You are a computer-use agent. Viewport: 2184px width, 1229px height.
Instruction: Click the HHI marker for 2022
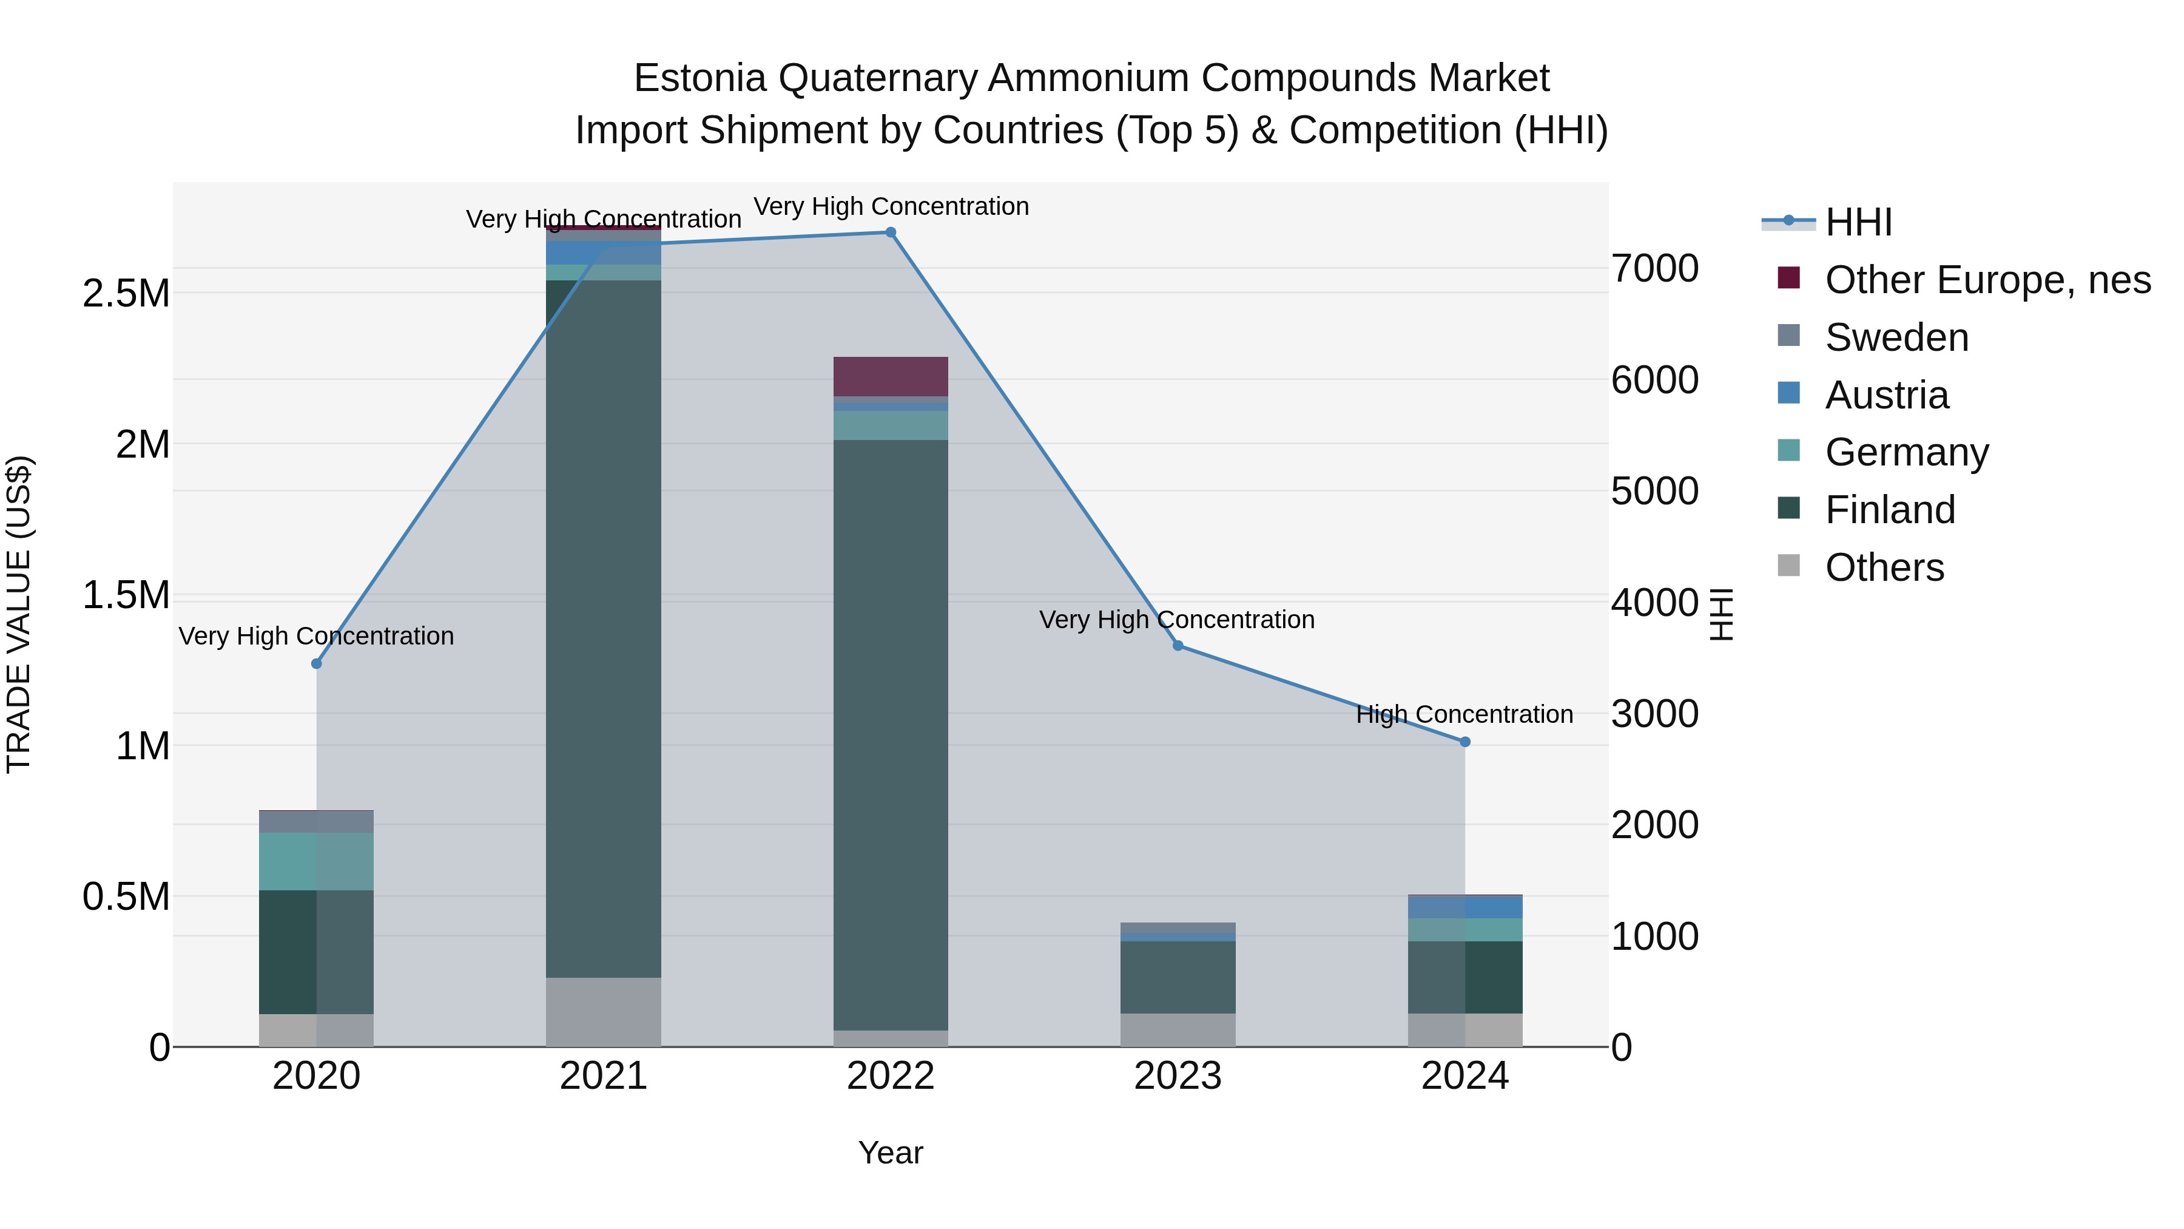[890, 232]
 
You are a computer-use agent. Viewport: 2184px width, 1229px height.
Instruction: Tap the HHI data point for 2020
[316, 663]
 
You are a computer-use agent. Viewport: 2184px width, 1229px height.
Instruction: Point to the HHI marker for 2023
[1178, 646]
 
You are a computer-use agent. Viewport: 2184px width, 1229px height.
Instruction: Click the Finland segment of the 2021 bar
[603, 628]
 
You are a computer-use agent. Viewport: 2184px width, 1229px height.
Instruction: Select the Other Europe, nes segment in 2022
[890, 376]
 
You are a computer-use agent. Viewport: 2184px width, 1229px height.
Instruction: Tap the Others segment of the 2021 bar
[603, 1012]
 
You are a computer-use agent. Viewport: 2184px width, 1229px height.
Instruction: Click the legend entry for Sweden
[1896, 337]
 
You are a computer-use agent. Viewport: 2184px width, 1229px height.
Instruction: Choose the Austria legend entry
[1886, 395]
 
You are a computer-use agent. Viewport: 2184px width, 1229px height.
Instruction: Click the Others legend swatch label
[1884, 567]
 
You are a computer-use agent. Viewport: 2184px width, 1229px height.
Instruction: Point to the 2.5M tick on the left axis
[126, 294]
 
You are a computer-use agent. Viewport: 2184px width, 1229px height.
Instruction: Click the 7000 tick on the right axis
[1654, 268]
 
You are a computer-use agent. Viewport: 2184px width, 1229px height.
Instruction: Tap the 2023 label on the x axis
[1178, 1076]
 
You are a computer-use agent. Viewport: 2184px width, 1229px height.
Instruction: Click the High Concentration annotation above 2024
[1464, 714]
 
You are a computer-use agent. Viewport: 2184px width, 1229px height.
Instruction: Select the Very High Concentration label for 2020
[316, 636]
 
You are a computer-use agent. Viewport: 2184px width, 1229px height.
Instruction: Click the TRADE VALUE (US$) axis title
[19, 614]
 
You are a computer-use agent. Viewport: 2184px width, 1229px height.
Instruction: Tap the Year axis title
[890, 1153]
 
